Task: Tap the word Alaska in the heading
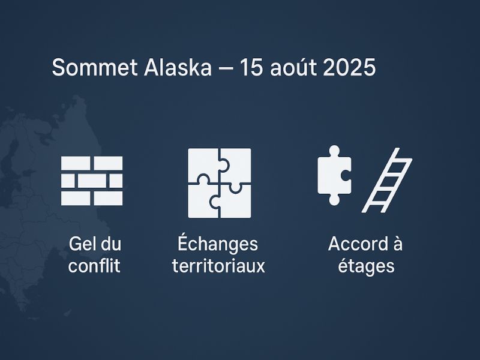pyautogui.click(x=178, y=67)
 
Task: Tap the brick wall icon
pyautogui.click(x=92, y=181)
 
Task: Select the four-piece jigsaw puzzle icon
pyautogui.click(x=220, y=183)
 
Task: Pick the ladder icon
pyautogui.click(x=387, y=180)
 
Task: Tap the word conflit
pyautogui.click(x=94, y=266)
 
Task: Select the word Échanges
pyautogui.click(x=218, y=244)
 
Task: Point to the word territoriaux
pyautogui.click(x=218, y=266)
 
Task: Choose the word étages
pyautogui.click(x=365, y=266)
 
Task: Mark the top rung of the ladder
pyautogui.click(x=398, y=160)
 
